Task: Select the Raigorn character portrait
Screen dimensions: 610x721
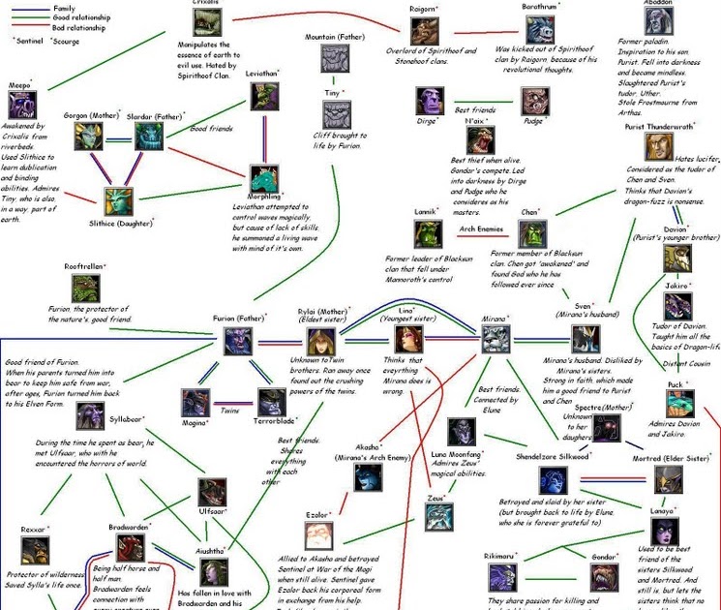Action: pyautogui.click(x=422, y=32)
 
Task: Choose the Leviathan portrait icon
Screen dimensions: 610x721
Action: pyautogui.click(x=265, y=97)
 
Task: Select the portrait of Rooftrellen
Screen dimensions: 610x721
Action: pyautogui.click(x=85, y=288)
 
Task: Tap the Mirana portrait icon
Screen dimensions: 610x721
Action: pyautogui.click(x=496, y=340)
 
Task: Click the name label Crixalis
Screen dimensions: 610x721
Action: pyautogui.click(x=205, y=4)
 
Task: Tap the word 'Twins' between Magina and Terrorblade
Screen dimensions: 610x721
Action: pyautogui.click(x=228, y=411)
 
